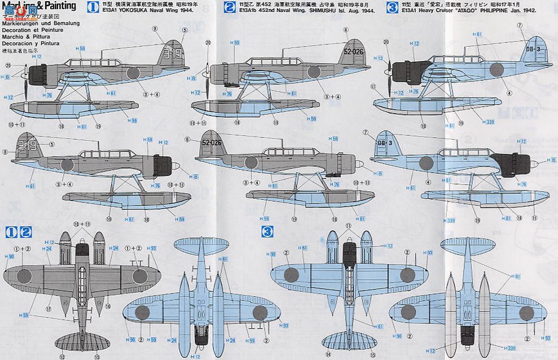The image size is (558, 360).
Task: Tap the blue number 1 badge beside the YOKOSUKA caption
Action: click(x=95, y=7)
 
